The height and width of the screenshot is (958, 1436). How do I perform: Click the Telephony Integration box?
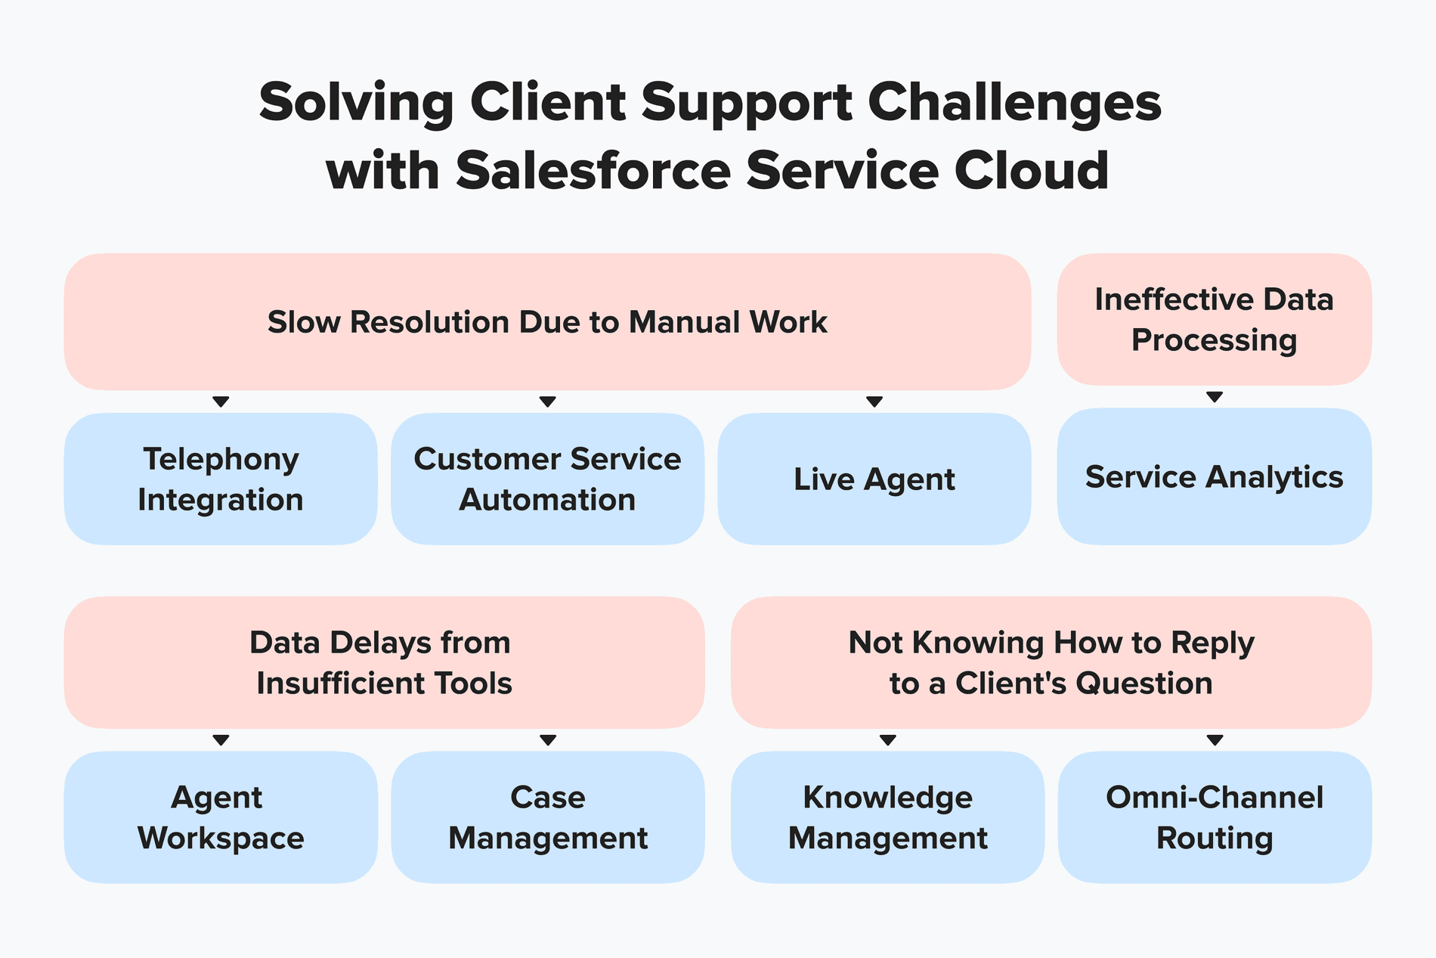click(x=220, y=479)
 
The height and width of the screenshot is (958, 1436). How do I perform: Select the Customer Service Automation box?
click(x=547, y=479)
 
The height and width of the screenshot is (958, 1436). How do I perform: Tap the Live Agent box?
click(x=874, y=479)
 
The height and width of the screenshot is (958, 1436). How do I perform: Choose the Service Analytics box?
click(x=1214, y=476)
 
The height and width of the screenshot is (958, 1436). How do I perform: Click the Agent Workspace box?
click(x=220, y=817)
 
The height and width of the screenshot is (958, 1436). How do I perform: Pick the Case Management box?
click(x=547, y=817)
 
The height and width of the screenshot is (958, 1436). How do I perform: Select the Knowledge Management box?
click(x=887, y=817)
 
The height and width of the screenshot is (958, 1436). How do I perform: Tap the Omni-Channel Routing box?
click(x=1214, y=817)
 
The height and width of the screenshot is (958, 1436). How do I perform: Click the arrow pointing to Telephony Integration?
click(x=221, y=401)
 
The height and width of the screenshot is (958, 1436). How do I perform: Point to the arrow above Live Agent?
click(x=874, y=401)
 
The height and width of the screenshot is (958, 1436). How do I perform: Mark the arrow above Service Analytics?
click(x=1215, y=397)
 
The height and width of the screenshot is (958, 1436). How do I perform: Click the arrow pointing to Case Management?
click(x=548, y=740)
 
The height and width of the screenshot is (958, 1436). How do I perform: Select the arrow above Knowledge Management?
click(x=888, y=740)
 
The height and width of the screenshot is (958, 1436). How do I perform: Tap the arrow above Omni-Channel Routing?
click(x=1215, y=740)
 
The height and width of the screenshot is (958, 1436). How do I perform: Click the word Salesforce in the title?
click(x=593, y=170)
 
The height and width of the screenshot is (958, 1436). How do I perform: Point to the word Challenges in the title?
click(x=1014, y=102)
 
